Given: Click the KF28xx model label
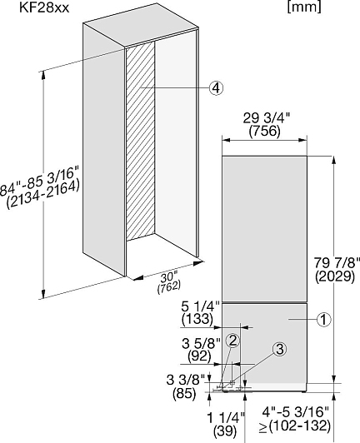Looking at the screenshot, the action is point(44,8).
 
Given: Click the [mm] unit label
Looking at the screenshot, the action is point(304,7).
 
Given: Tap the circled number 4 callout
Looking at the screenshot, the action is point(216,88).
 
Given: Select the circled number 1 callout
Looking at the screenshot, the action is point(324,320).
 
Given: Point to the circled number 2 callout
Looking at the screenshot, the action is point(232,341).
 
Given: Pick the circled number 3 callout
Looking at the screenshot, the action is point(279,350).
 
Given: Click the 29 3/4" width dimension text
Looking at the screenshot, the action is point(267,118).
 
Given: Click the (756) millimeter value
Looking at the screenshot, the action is point(265,131).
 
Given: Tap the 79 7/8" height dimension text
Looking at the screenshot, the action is point(336,264).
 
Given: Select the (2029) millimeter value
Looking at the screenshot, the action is point(335,276).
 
